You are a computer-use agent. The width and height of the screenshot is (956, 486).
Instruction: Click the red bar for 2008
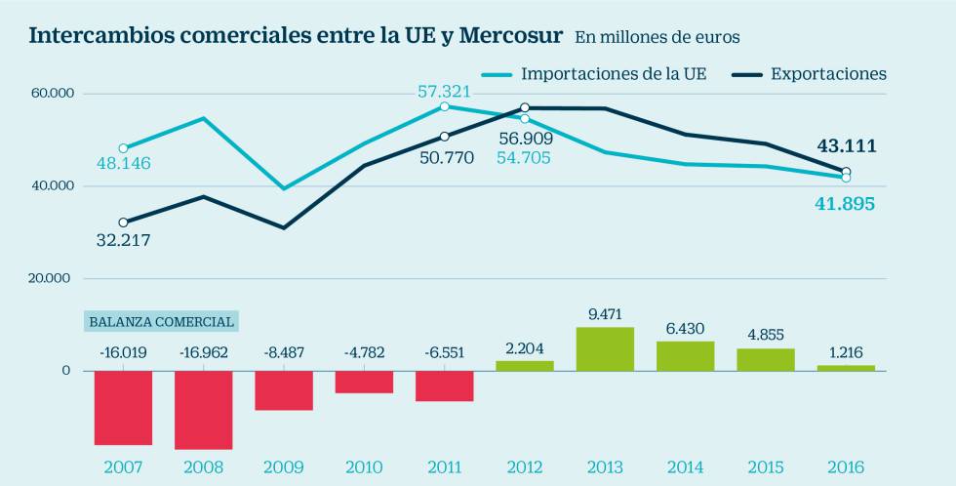click(203, 410)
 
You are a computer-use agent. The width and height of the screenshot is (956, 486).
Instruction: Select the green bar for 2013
click(605, 348)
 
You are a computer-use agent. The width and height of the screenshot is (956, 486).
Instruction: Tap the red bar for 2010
click(364, 382)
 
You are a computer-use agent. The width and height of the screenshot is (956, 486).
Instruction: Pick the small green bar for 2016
click(846, 368)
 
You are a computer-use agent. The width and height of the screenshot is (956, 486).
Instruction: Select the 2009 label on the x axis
click(284, 466)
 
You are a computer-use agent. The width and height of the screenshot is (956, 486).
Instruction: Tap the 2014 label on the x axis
click(685, 466)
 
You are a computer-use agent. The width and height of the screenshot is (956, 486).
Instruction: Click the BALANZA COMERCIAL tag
click(161, 321)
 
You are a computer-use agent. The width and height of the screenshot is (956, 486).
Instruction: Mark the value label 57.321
click(444, 92)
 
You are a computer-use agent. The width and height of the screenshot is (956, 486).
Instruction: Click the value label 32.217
click(123, 239)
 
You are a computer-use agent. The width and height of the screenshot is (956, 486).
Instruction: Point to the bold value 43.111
click(846, 146)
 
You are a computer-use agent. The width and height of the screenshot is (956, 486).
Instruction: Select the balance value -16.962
click(203, 352)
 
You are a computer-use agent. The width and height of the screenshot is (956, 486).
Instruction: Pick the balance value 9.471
click(605, 314)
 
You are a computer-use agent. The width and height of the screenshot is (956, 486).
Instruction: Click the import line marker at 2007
click(123, 148)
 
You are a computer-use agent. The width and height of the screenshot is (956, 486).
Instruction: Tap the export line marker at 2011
click(444, 137)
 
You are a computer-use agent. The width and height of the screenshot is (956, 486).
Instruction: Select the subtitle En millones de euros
click(657, 38)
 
